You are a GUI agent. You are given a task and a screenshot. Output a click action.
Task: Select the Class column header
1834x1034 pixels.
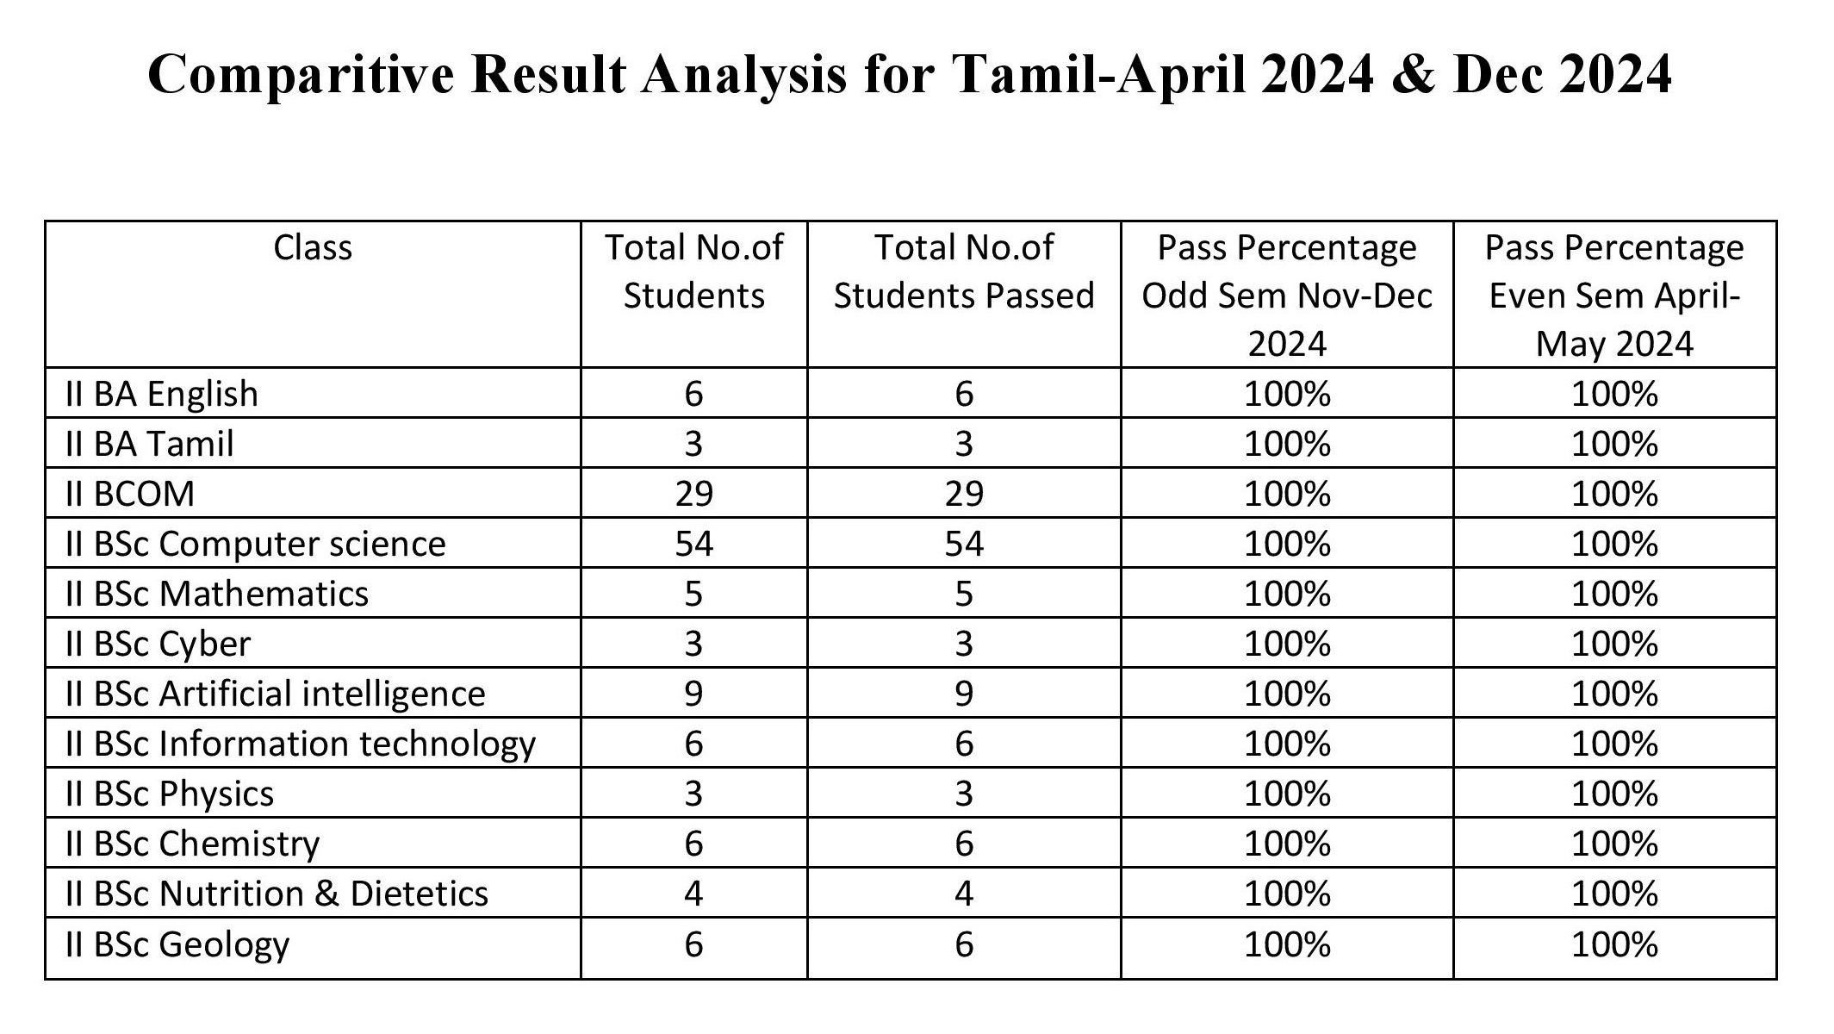313,248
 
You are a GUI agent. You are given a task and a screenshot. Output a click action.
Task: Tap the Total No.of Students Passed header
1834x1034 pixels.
964,271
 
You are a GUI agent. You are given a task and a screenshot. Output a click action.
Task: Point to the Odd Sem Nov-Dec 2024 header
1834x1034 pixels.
1287,296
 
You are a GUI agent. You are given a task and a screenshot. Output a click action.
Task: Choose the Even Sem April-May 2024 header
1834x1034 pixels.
1614,296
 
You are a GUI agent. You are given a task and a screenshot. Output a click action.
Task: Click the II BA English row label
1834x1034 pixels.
162,394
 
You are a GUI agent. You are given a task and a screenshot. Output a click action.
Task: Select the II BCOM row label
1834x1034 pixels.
130,494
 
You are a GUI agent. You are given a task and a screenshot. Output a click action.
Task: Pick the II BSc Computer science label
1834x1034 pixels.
256,544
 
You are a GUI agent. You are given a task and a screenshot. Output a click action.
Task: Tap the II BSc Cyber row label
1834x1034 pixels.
159,645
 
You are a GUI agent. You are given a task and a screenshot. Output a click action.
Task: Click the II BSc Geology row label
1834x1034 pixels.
177,945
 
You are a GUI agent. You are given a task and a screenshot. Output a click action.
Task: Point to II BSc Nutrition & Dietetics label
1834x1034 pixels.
277,894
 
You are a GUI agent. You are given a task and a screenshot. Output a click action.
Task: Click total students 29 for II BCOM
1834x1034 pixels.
694,494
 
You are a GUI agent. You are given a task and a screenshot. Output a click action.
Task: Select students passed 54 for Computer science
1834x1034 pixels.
964,544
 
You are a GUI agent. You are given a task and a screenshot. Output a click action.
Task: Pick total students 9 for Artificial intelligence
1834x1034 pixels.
694,694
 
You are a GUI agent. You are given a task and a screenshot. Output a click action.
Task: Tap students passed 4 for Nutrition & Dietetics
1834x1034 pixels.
964,894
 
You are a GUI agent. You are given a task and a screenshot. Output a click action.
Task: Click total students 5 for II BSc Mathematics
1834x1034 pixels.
694,594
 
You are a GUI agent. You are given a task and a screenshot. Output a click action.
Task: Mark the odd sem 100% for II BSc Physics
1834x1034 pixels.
1287,794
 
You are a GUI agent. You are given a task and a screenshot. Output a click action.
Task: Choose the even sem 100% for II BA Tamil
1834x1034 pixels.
1614,444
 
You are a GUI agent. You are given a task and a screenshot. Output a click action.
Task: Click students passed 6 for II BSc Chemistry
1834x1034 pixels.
964,844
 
